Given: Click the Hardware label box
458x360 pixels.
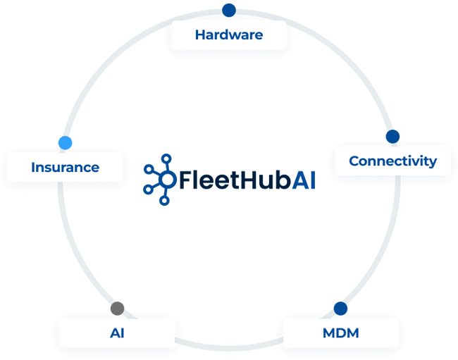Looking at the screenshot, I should (x=228, y=35).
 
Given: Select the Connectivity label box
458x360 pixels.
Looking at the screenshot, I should (x=392, y=161).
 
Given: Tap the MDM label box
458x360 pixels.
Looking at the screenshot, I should (x=340, y=333).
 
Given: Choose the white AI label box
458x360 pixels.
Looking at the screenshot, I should (x=117, y=333).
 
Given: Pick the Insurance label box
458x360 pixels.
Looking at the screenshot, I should (x=65, y=168).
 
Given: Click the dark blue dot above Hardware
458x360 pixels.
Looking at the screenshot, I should (x=228, y=9).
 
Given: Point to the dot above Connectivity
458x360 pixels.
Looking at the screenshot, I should (x=392, y=136).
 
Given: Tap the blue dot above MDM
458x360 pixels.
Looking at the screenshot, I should (x=340, y=308).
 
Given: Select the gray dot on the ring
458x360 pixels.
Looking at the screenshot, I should (x=117, y=308).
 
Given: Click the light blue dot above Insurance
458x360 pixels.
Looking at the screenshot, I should (x=66, y=142).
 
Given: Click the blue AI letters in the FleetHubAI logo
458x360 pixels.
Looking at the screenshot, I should (x=303, y=180).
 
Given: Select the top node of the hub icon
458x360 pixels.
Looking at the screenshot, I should (x=167, y=159).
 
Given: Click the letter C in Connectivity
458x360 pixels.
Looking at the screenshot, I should (x=354, y=161).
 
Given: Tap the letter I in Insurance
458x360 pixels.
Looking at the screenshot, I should (x=34, y=168).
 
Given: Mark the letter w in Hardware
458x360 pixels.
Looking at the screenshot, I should (x=235, y=35).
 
